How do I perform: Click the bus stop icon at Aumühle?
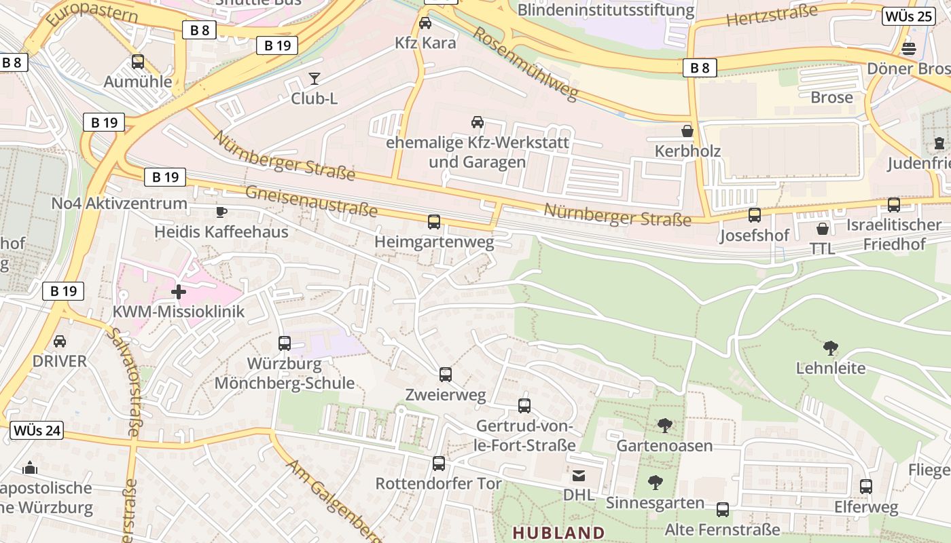point(138,62)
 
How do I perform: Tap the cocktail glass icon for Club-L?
point(314,79)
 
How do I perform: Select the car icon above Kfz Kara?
point(425,23)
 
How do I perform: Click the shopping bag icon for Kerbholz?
point(687,131)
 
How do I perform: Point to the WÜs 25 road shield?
point(908,16)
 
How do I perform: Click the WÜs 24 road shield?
point(37,430)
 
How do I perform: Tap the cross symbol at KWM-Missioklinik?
point(179,292)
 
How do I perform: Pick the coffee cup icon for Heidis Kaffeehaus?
point(221,212)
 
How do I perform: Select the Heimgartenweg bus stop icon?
point(434,221)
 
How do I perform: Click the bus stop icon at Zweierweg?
point(446,374)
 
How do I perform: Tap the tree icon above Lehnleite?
point(830,348)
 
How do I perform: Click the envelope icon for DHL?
point(578,476)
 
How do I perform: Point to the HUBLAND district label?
point(558,533)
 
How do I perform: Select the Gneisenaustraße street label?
point(311,200)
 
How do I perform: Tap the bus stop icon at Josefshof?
point(755,215)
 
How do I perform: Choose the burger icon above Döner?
point(909,49)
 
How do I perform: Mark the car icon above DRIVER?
point(60,341)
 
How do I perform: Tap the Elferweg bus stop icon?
point(866,487)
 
